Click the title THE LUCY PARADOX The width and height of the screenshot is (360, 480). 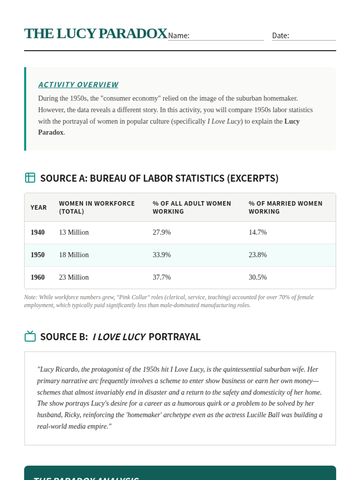[96, 34]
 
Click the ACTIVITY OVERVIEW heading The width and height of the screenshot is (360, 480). [78, 85]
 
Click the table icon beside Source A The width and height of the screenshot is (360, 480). [30, 178]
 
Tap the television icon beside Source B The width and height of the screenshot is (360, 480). [30, 336]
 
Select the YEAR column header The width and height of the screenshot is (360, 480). [38, 207]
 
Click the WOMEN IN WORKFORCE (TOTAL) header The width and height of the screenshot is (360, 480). [97, 207]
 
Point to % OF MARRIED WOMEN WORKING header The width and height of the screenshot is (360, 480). [285, 207]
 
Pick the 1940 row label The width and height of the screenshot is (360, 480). [37, 232]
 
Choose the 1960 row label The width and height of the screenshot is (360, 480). [37, 277]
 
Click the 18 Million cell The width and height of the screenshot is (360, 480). [74, 255]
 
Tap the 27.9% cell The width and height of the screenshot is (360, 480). [161, 232]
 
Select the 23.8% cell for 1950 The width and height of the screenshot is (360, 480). [257, 255]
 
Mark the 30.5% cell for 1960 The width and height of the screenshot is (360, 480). [257, 277]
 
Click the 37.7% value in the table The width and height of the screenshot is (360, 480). [161, 277]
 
